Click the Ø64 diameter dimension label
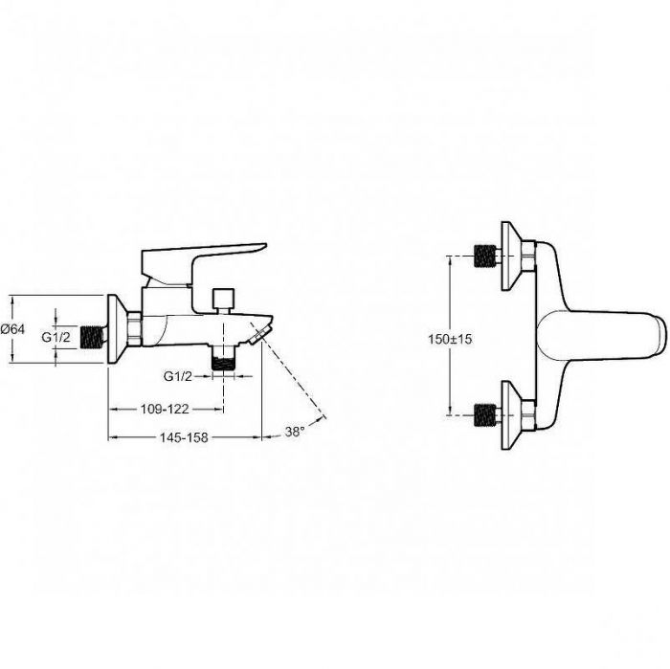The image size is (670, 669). [12, 329]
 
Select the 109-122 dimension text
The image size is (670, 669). [165, 409]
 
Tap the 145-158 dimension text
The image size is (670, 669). [184, 437]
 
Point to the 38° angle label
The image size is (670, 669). [295, 432]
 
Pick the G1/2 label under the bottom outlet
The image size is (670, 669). [178, 376]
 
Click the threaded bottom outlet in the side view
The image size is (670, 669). [223, 359]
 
